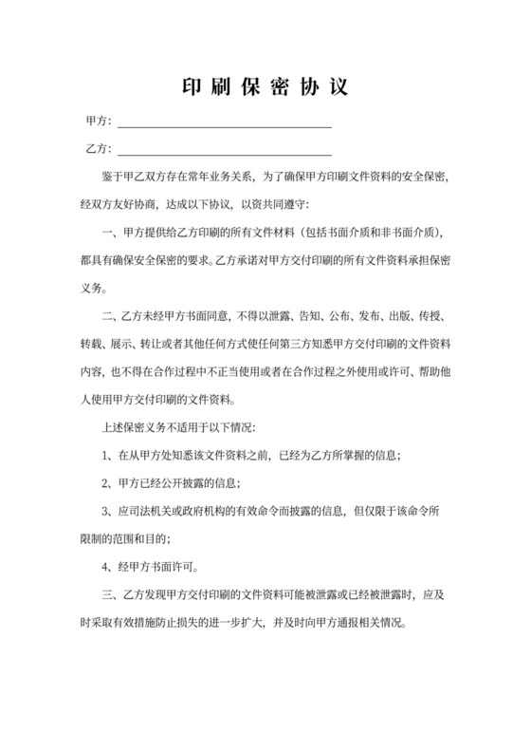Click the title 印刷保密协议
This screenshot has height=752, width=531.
pyautogui.click(x=265, y=87)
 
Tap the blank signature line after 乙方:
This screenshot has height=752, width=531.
pyautogui.click(x=223, y=151)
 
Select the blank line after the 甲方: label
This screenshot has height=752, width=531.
pyautogui.click(x=223, y=124)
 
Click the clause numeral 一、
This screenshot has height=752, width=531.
pyautogui.click(x=107, y=233)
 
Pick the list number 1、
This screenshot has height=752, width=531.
pyautogui.click(x=106, y=455)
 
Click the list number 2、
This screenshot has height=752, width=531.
pyautogui.click(x=106, y=483)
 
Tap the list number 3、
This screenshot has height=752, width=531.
pyautogui.click(x=106, y=512)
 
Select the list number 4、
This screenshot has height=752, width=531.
pyautogui.click(x=106, y=569)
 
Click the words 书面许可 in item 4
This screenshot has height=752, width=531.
pyautogui.click(x=174, y=569)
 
